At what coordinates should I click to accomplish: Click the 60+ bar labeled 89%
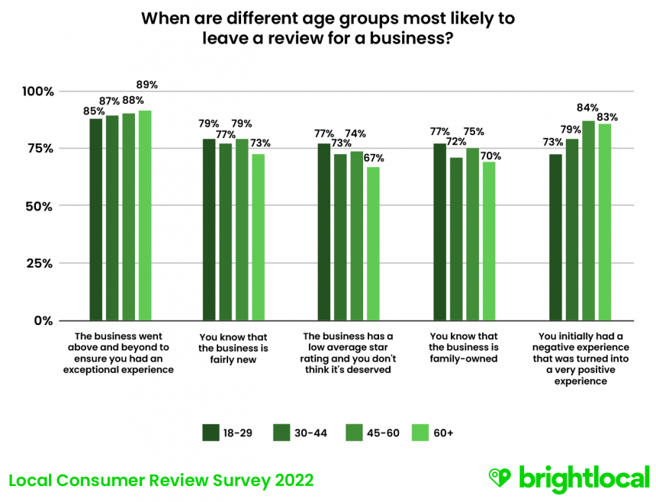pos(145,215)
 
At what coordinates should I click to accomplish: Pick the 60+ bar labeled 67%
pos(373,243)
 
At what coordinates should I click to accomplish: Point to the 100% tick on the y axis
pos(37,92)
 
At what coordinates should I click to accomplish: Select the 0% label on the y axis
pos(43,320)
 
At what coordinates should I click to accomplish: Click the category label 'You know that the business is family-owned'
pos(463,347)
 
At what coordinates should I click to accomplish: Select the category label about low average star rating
pos(348,352)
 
